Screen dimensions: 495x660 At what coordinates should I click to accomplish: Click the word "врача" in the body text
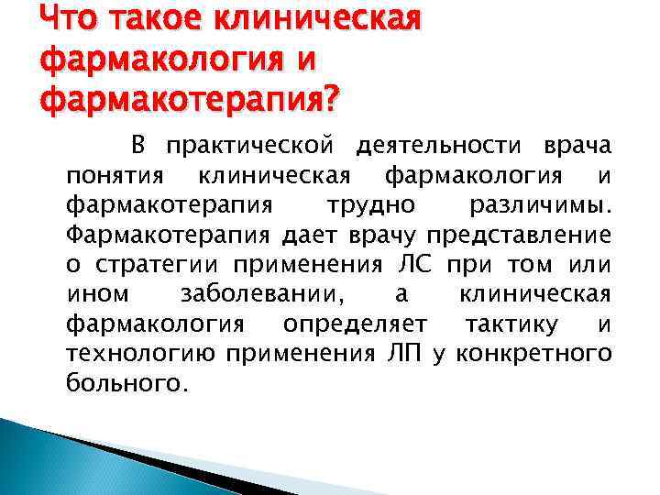click(x=577, y=146)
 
